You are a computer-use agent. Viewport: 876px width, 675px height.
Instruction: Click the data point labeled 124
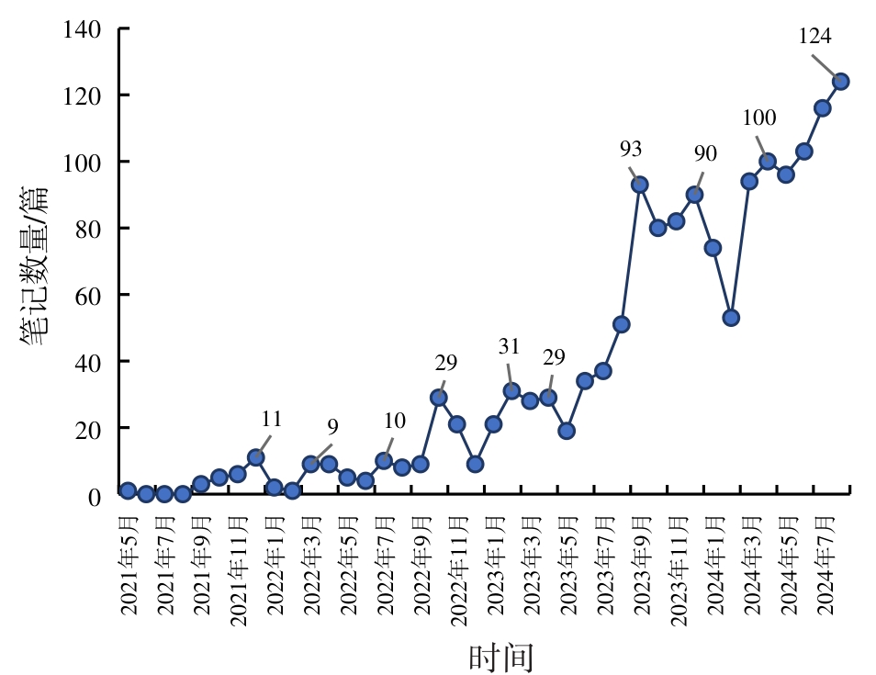coord(840,81)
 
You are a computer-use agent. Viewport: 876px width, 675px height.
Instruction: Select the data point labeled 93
coord(640,185)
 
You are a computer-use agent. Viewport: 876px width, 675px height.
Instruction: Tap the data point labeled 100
coord(768,162)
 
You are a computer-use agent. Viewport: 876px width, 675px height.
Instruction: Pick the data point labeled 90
coord(694,195)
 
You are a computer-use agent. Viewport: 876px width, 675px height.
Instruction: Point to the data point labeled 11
coord(256,457)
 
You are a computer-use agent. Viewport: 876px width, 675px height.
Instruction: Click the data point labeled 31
coord(511,391)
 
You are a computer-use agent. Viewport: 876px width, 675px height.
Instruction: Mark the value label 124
coord(815,37)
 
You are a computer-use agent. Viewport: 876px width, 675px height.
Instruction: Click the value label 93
coord(631,149)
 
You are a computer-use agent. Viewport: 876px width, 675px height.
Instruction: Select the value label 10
coord(395,422)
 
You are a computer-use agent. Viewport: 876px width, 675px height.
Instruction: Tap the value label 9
coord(332,427)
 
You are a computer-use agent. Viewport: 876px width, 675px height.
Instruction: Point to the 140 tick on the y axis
coord(82,29)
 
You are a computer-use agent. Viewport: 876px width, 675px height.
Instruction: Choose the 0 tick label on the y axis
coord(95,495)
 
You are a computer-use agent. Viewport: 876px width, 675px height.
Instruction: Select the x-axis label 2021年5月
coord(129,565)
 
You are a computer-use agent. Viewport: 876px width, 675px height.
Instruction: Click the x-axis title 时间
coord(501,657)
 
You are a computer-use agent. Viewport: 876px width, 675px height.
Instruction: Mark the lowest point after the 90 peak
coord(731,318)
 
